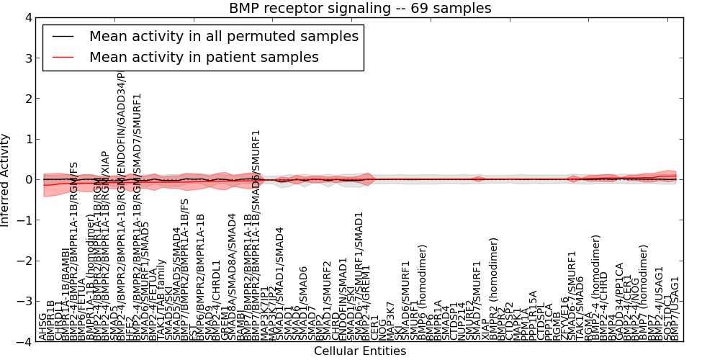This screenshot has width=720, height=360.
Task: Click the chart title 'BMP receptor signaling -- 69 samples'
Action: [x=360, y=9]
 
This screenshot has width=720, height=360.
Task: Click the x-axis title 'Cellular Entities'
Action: [x=360, y=351]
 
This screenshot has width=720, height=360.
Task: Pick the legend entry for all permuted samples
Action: [x=222, y=36]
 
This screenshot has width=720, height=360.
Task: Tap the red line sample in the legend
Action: [x=63, y=57]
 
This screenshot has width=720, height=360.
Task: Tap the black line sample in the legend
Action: [x=63, y=36]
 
